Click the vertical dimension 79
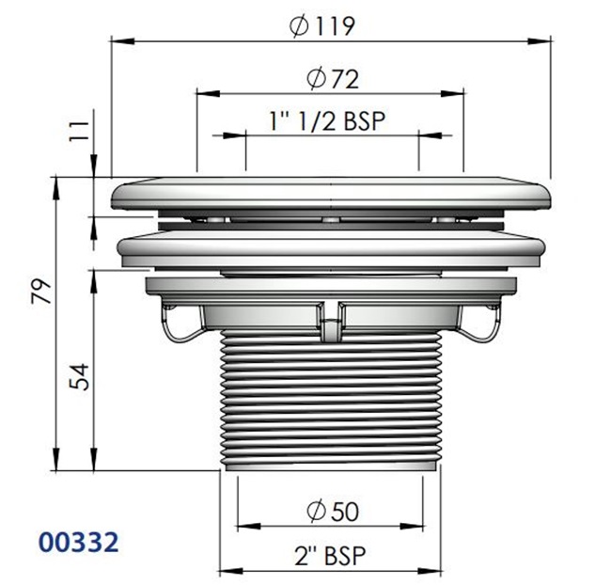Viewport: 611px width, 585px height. click(40, 296)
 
